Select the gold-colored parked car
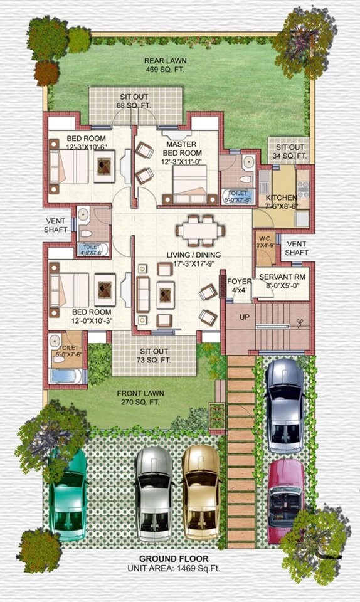click(201, 486)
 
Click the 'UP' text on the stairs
click(244, 317)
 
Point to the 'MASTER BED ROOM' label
click(183, 149)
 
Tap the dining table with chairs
click(200, 230)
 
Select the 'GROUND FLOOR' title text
click(174, 559)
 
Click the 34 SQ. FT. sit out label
click(290, 151)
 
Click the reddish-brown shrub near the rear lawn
click(46, 73)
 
